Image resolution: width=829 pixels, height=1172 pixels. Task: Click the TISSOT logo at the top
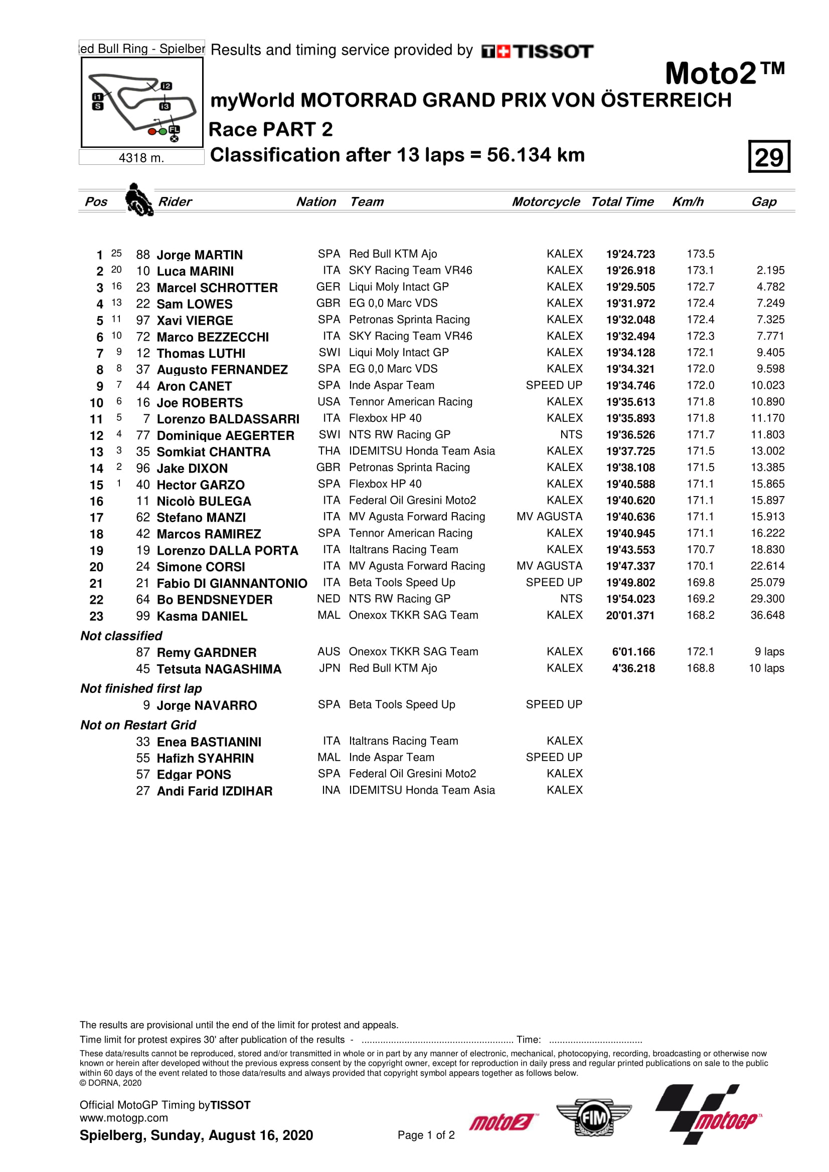tap(537, 52)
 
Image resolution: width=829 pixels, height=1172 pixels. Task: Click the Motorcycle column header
tap(546, 201)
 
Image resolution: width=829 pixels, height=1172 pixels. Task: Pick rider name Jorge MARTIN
tap(199, 255)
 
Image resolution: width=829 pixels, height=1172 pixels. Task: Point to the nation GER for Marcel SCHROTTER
tap(328, 287)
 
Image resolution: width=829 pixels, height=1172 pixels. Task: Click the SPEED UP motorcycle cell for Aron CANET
tap(554, 385)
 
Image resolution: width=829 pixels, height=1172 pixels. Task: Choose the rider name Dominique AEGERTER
tap(225, 435)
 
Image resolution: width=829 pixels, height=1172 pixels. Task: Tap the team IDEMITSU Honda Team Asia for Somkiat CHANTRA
tap(421, 451)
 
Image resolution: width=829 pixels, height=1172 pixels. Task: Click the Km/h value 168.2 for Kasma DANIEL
tap(700, 615)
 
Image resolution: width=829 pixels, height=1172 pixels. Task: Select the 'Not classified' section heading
tap(121, 636)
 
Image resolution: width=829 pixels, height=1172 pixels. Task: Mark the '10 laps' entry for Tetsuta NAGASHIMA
tap(766, 668)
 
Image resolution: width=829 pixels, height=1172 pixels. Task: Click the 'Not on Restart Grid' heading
tap(138, 725)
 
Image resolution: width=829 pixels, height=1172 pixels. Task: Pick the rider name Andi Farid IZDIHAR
tap(215, 791)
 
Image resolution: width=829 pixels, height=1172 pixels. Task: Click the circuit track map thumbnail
tap(142, 103)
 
